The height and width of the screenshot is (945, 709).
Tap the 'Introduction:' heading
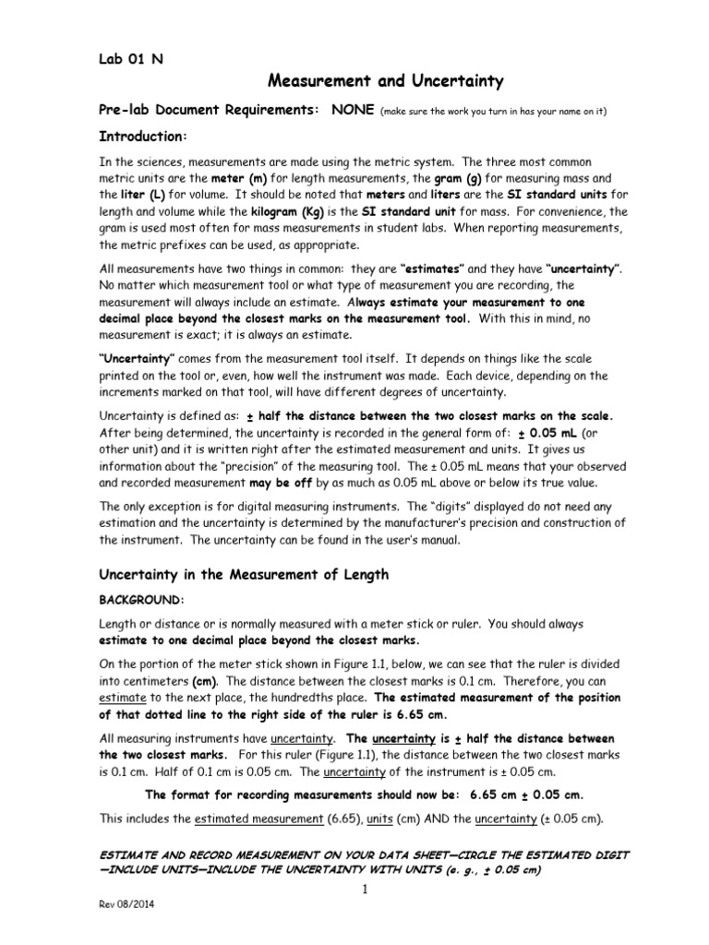[143, 136]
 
